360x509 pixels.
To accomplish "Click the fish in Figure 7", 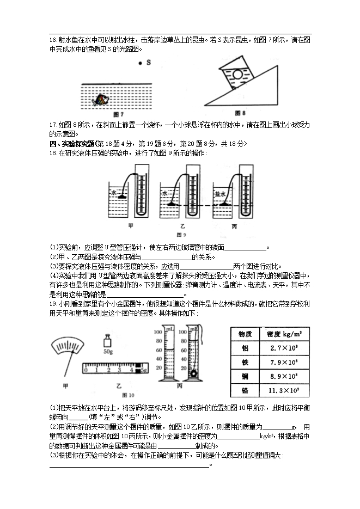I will [101, 99].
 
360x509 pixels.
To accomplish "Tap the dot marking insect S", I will [140, 63].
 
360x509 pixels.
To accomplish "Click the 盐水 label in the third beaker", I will [219, 193].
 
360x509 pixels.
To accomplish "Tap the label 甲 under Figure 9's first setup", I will [130, 225].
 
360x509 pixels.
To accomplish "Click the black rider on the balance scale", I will [138, 369].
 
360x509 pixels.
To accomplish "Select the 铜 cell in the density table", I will [245, 376].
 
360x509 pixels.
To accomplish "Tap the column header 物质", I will [245, 334].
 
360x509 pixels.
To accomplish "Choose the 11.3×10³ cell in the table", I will [283, 390].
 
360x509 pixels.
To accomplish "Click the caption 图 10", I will [129, 395].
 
